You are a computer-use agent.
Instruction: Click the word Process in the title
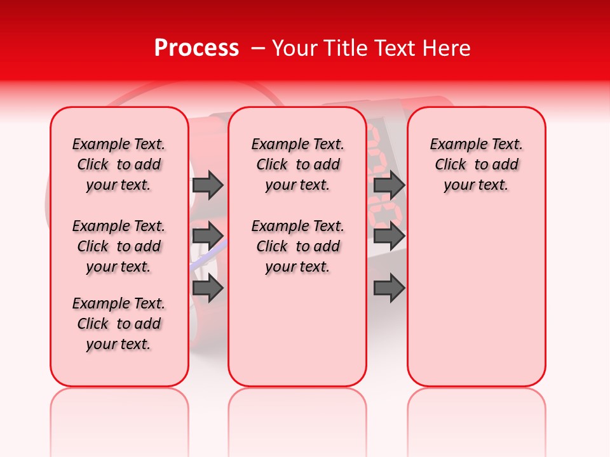196,48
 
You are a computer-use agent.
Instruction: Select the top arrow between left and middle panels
208,185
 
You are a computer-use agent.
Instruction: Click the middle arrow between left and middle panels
208,236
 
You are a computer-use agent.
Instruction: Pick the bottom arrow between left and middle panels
208,288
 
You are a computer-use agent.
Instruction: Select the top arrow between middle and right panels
389,185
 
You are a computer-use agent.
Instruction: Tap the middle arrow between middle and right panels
389,236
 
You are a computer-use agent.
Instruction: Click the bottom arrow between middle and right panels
389,288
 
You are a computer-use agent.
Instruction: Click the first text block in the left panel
119,164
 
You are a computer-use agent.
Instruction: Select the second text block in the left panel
119,246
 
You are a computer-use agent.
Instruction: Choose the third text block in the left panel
119,324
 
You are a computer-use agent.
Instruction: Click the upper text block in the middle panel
297,164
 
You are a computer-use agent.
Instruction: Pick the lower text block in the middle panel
297,246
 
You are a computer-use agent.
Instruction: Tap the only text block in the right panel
476,164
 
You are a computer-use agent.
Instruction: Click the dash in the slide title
258,48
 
